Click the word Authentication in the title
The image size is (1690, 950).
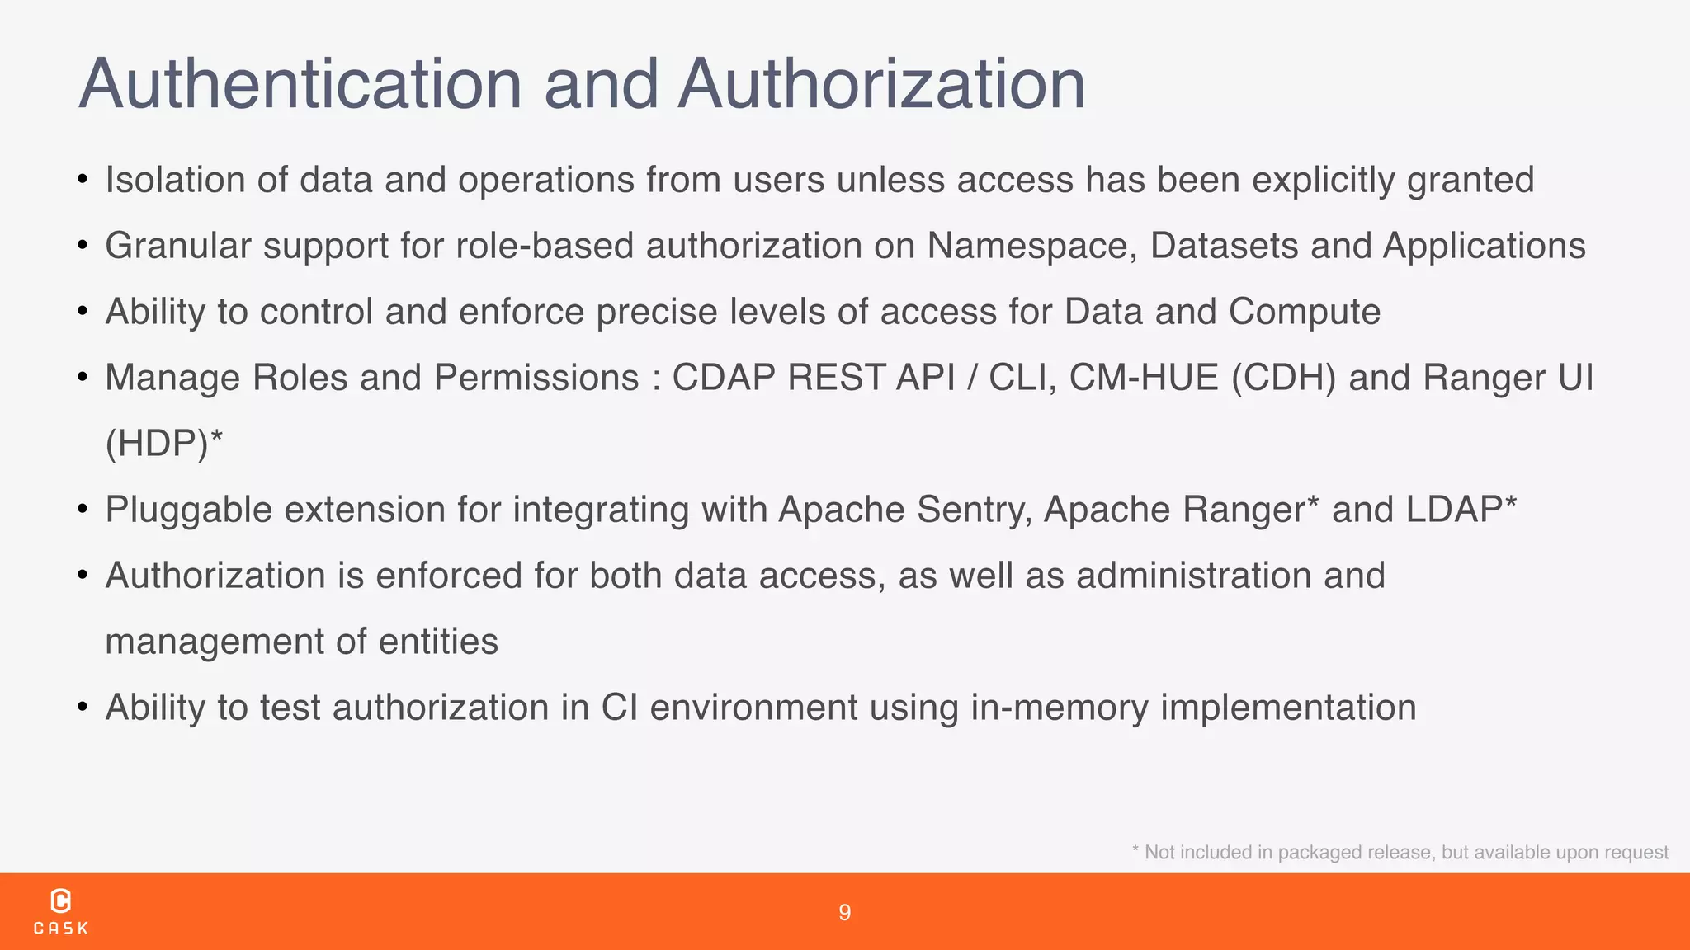pyautogui.click(x=301, y=84)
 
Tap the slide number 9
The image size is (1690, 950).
pyautogui.click(x=844, y=912)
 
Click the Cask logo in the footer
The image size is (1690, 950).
pyautogui.click(x=61, y=911)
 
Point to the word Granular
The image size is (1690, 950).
pyautogui.click(x=177, y=246)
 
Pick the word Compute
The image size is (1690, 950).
pyautogui.click(x=1304, y=312)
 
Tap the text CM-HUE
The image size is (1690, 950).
pyautogui.click(x=1144, y=378)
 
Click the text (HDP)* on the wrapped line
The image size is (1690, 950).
pyautogui.click(x=164, y=444)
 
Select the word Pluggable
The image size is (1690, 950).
pyautogui.click(x=189, y=510)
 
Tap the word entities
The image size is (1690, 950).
pyautogui.click(x=438, y=642)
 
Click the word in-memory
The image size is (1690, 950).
pyautogui.click(x=1059, y=708)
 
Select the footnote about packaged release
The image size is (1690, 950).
pyautogui.click(x=1400, y=853)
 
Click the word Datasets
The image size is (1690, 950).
pyautogui.click(x=1225, y=246)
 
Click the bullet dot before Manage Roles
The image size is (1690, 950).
pyautogui.click(x=83, y=378)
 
